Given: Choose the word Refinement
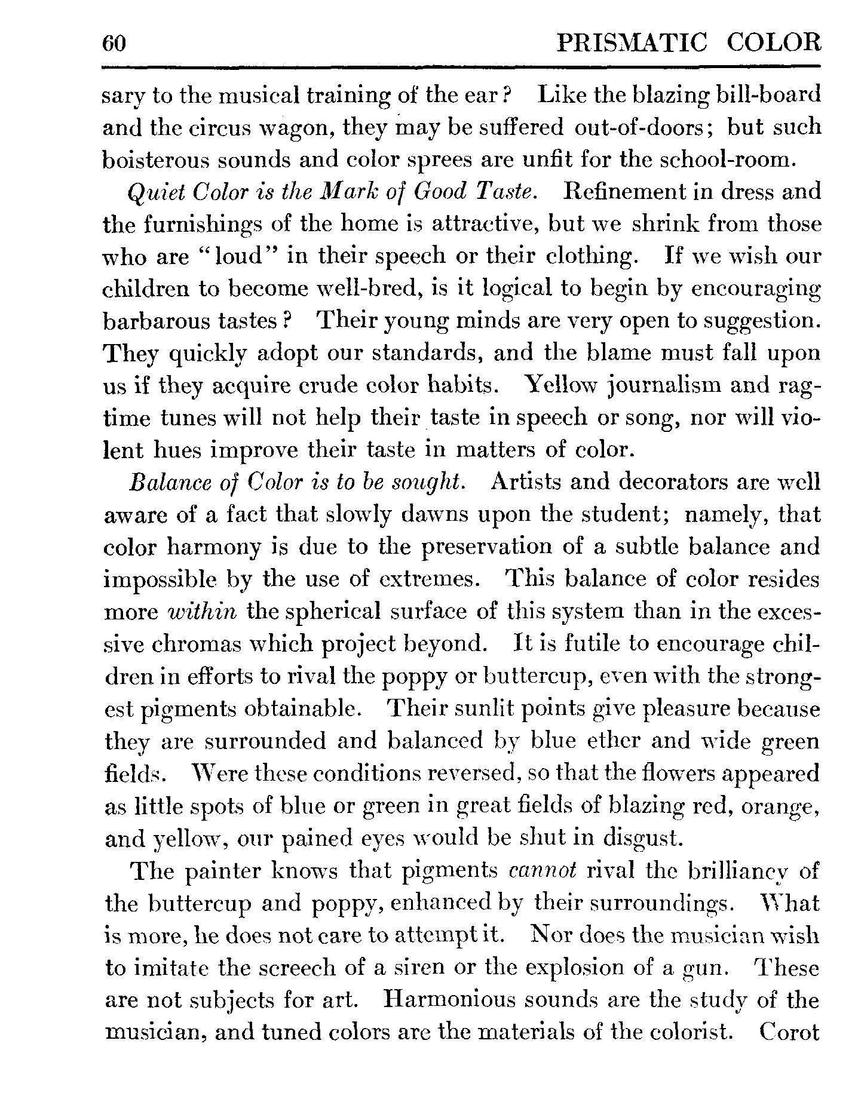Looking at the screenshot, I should [x=618, y=192].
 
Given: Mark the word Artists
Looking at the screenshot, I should [x=525, y=482].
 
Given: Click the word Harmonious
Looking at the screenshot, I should [x=448, y=1000].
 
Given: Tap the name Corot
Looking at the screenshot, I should [x=789, y=1032].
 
